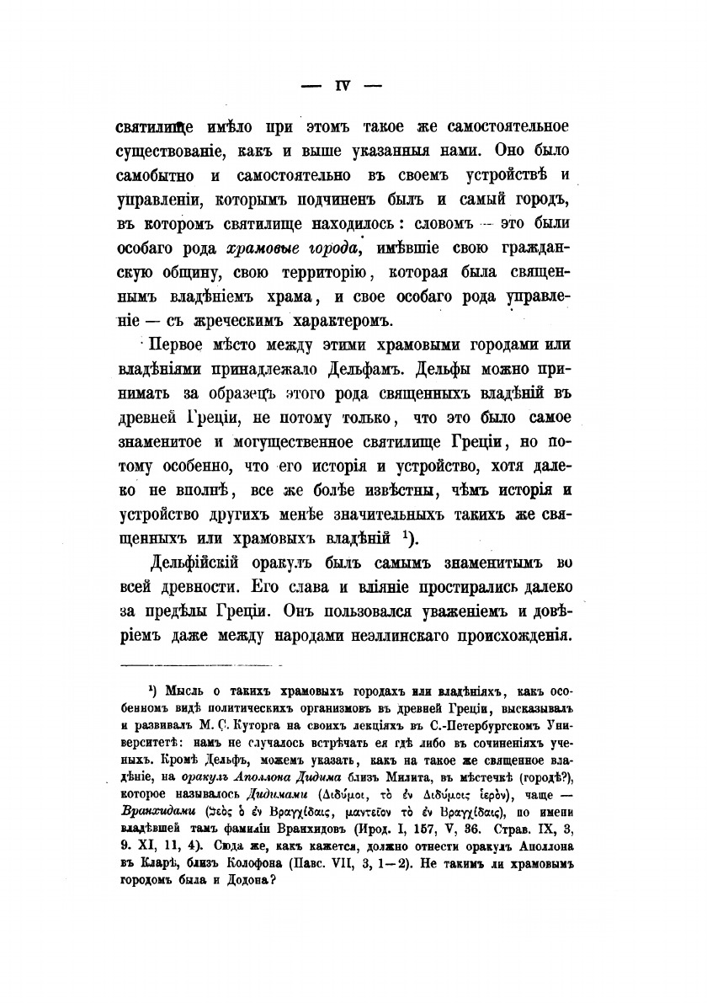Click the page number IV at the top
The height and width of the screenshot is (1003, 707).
(x=342, y=84)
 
